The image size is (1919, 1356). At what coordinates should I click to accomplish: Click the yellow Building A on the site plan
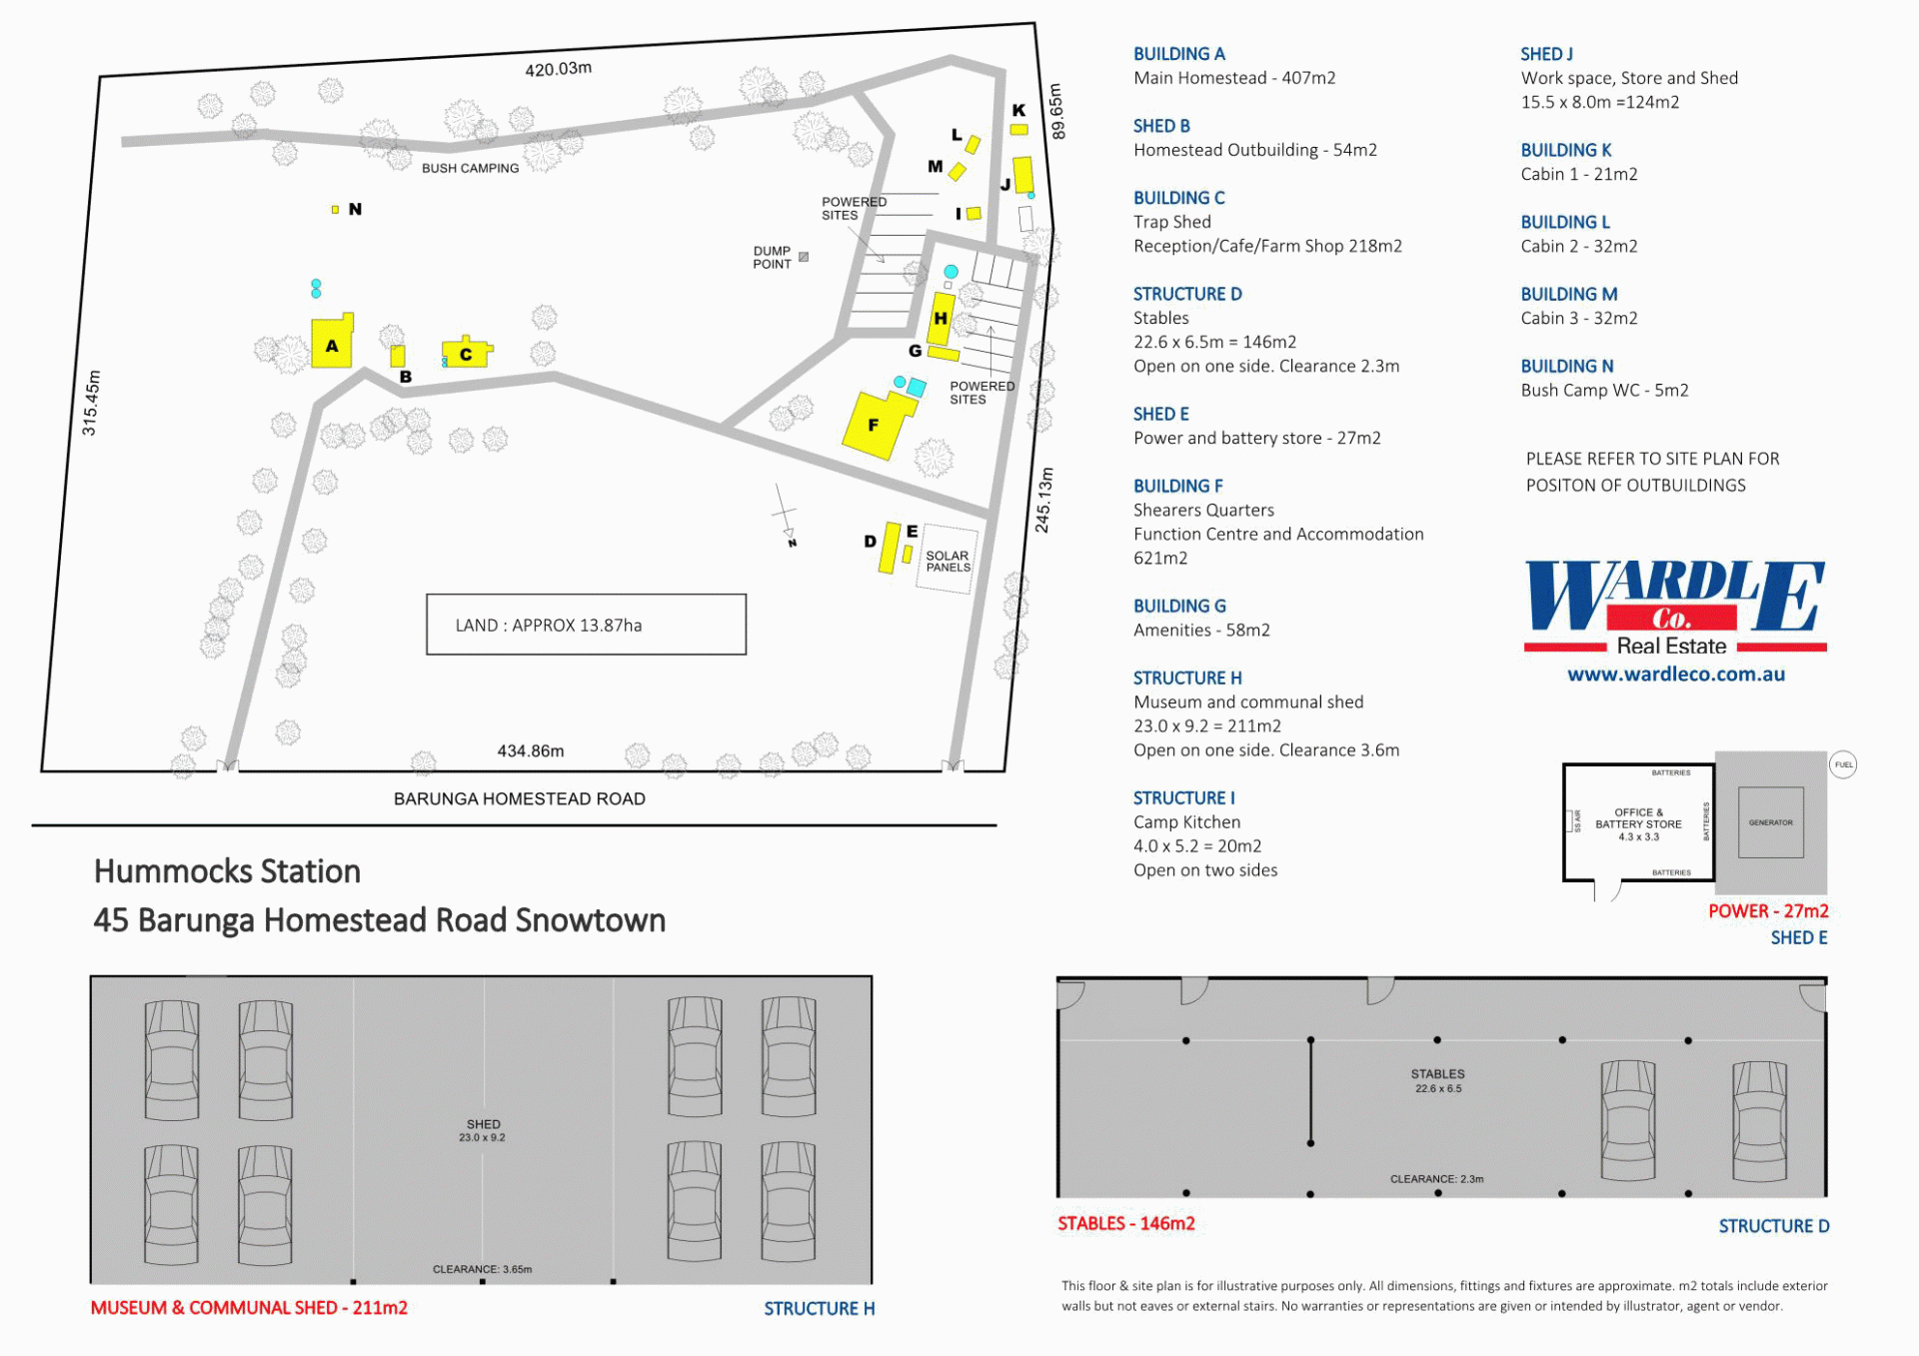click(332, 342)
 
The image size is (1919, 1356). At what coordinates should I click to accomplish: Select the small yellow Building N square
click(335, 210)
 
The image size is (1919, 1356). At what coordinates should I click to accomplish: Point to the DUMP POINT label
click(772, 258)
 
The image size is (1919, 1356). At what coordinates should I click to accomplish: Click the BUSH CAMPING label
click(470, 168)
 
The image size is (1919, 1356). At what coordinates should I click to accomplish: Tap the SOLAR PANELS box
click(948, 560)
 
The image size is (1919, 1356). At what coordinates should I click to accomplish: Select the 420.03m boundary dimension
click(558, 69)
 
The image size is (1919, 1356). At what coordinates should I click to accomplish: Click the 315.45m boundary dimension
click(90, 403)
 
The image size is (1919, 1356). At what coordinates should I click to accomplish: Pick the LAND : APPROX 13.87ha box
click(586, 625)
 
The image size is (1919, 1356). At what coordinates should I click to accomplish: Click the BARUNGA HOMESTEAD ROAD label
click(519, 798)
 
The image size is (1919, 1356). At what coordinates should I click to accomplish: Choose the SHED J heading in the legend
click(1546, 54)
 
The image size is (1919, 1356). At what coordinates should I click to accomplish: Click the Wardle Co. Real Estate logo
click(1675, 608)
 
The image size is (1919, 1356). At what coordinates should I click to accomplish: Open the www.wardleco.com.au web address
click(1675, 675)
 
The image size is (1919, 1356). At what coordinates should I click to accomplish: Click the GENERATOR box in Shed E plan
click(1770, 822)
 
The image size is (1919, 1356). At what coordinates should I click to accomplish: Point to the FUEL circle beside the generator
click(1843, 765)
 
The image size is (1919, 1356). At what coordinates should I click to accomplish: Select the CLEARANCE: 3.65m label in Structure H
click(482, 1269)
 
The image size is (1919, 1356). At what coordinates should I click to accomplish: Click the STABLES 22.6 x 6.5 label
click(1437, 1081)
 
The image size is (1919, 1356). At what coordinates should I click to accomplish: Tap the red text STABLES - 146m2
click(1126, 1224)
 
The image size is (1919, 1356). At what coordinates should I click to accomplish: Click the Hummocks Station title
click(227, 871)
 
